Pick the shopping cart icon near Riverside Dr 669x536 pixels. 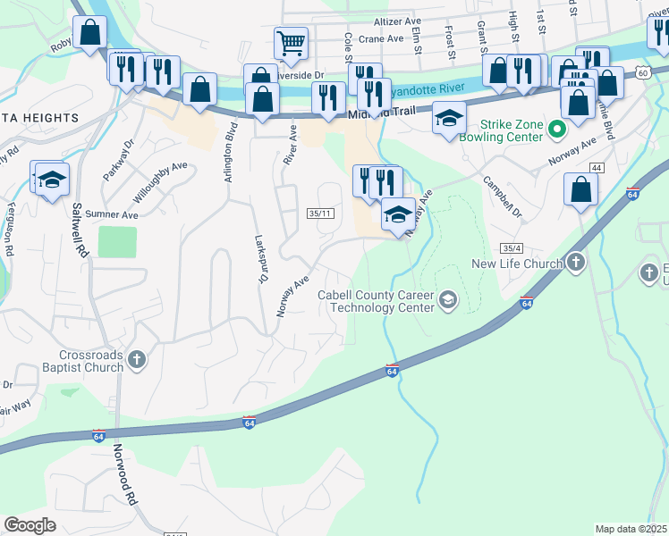pyautogui.click(x=291, y=42)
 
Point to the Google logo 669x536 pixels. pyautogui.click(x=30, y=525)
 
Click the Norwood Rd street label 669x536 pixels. pyautogui.click(x=124, y=482)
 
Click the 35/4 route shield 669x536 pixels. pyautogui.click(x=512, y=247)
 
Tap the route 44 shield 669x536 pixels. pyautogui.click(x=596, y=168)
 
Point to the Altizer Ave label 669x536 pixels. pyautogui.click(x=397, y=21)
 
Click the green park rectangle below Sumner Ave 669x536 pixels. pyautogui.click(x=117, y=242)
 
